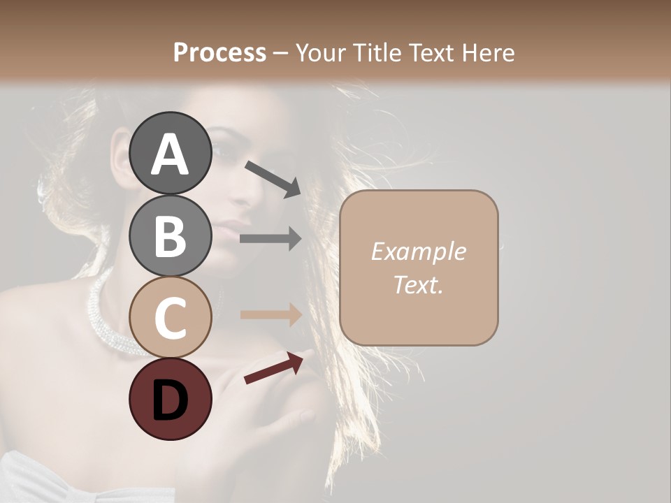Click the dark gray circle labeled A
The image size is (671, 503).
(171, 153)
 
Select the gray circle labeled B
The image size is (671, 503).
(171, 235)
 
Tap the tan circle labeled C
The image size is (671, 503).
(171, 317)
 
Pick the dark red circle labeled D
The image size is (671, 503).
(171, 399)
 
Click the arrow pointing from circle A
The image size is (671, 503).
(273, 177)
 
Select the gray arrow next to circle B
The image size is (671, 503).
(270, 238)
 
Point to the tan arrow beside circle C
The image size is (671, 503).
(270, 314)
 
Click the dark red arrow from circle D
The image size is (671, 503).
(273, 368)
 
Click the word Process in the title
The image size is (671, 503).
(219, 52)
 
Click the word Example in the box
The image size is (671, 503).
(418, 251)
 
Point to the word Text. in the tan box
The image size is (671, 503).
(418, 284)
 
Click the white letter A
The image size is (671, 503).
(171, 154)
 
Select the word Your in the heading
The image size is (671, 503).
(318, 52)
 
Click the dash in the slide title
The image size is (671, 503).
(280, 53)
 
